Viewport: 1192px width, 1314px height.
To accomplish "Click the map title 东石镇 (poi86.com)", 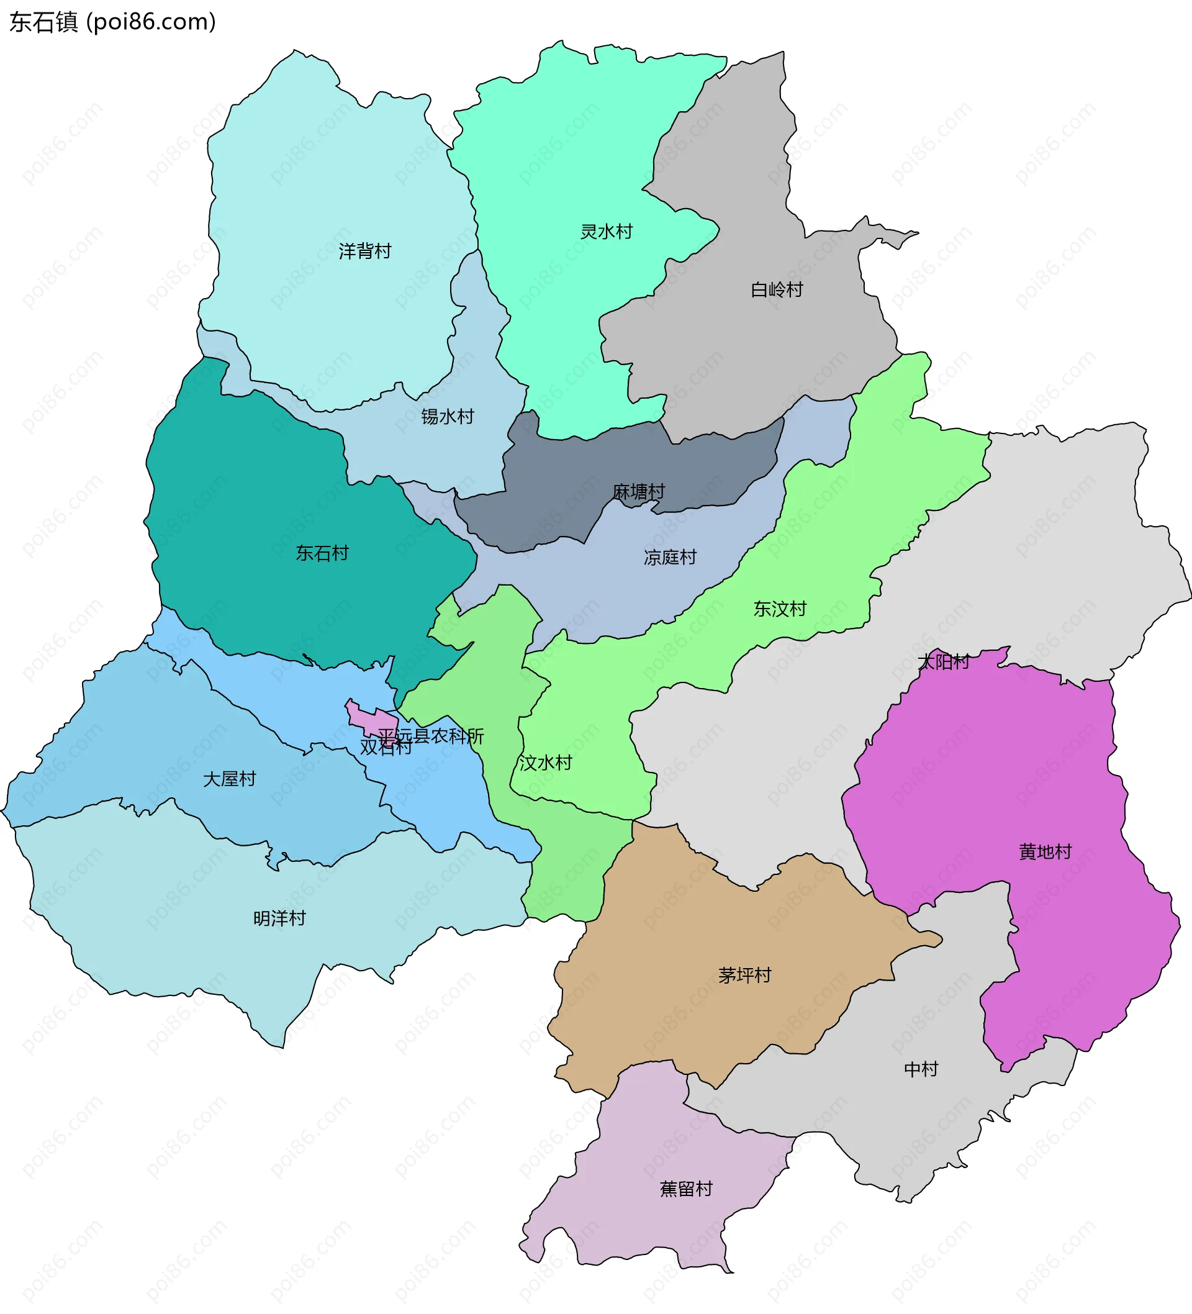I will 112,22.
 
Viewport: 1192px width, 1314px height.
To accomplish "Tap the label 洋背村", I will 364,251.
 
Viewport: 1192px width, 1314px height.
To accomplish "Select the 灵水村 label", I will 606,232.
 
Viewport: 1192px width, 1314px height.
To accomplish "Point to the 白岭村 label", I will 776,289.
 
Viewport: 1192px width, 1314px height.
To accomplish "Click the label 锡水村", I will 447,417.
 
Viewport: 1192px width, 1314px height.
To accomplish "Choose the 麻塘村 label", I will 638,492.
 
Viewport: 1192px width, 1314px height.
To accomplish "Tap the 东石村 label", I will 322,553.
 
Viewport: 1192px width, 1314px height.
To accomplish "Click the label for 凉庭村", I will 670,557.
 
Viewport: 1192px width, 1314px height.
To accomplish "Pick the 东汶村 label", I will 780,609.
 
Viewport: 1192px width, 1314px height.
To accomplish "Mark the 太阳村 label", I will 943,662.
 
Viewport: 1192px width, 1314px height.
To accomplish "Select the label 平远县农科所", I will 431,736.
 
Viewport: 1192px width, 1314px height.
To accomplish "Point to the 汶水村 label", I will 546,763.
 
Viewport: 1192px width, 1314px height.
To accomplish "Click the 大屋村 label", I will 230,779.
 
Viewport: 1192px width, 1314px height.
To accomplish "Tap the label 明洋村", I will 279,918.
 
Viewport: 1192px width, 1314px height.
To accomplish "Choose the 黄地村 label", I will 1045,852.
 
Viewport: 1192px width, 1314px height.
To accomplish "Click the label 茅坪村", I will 744,975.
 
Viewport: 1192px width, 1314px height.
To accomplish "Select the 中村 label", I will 921,1069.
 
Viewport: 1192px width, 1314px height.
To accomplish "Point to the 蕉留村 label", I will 685,1189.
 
